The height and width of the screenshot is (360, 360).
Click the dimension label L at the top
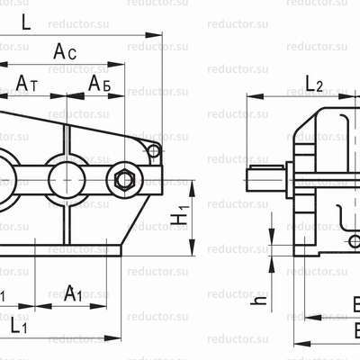(25, 23)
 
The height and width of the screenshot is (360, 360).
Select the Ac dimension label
(65, 53)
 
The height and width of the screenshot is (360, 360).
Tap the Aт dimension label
(27, 83)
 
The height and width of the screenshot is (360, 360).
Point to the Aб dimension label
(100, 83)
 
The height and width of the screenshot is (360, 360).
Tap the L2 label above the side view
(314, 84)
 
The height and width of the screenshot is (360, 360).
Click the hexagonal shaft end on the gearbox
(124, 180)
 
